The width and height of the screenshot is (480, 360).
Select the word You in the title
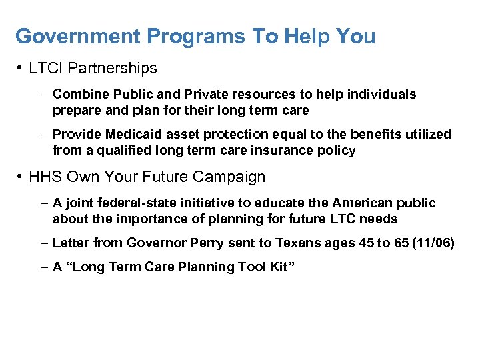[356, 37]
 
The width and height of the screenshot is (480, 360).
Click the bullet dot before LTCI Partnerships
[21, 68]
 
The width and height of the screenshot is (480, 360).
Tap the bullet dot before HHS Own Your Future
[21, 177]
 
